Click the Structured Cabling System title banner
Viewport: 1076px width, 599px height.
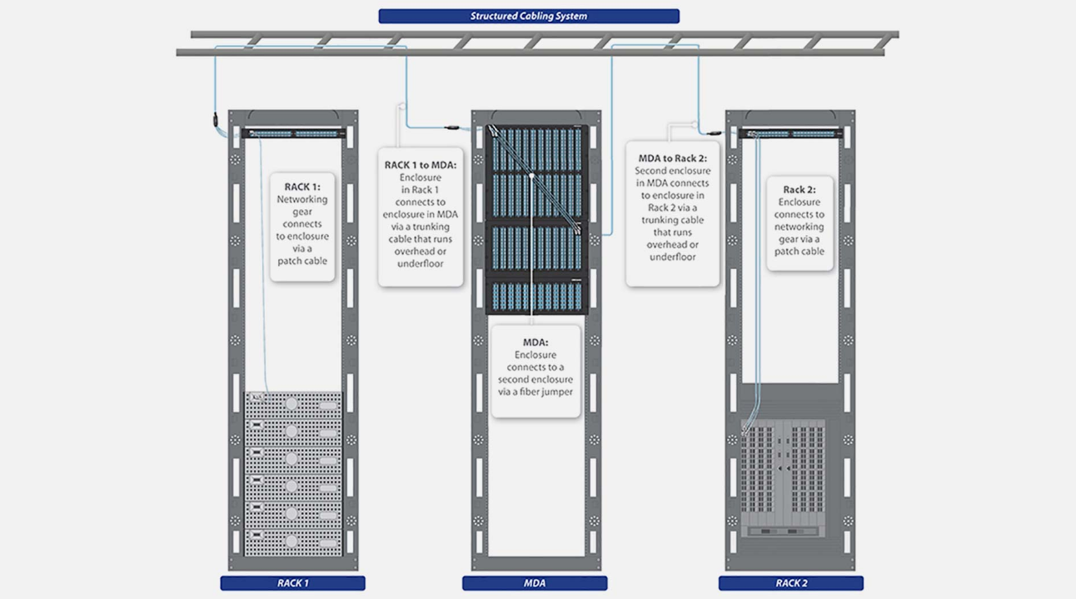(x=529, y=16)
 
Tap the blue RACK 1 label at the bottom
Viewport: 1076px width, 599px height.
(x=292, y=583)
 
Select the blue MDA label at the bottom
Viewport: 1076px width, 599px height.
(x=535, y=583)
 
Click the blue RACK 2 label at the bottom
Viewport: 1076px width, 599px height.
(x=790, y=583)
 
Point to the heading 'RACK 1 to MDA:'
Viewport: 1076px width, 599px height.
(x=421, y=165)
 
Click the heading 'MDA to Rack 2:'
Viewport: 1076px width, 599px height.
(x=672, y=158)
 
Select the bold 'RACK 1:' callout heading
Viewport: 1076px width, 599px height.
(x=302, y=187)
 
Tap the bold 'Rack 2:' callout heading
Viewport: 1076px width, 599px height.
(x=800, y=190)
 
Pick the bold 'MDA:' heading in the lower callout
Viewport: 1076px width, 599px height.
(x=536, y=342)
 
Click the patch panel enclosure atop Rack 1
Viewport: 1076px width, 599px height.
(x=293, y=133)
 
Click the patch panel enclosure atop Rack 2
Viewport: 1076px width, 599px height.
(x=791, y=133)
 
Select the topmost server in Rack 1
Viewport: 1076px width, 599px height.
(x=293, y=403)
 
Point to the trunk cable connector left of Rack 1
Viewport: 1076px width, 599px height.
(x=214, y=120)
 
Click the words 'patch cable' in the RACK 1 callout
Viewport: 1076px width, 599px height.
(x=302, y=261)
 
